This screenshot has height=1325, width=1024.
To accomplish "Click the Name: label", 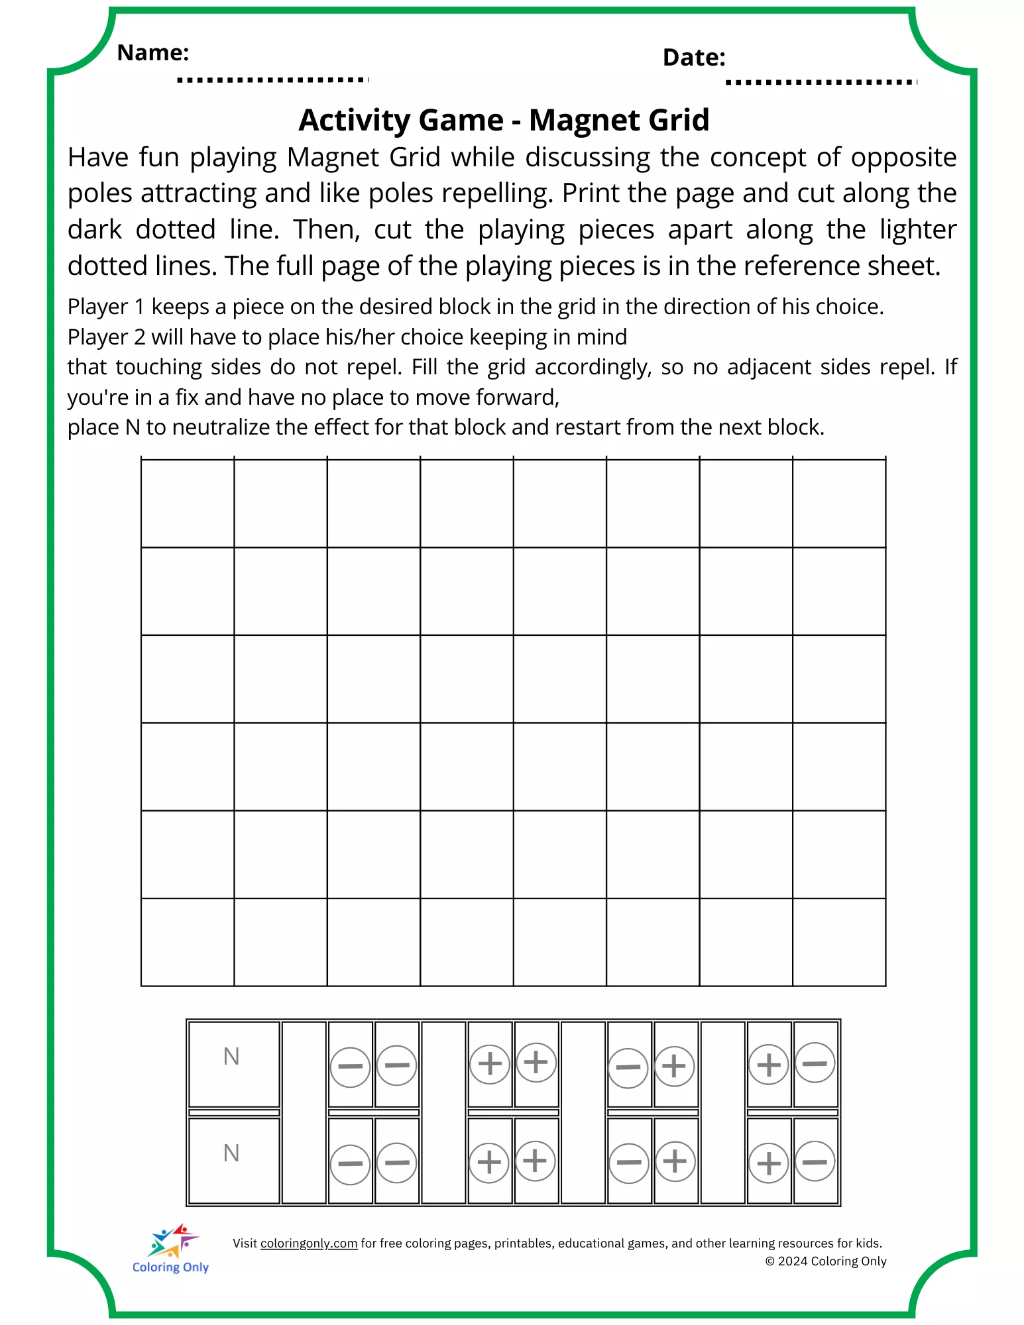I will coord(153,52).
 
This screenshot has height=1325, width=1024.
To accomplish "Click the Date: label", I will coord(694,58).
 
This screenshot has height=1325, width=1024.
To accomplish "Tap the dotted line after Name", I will coord(272,80).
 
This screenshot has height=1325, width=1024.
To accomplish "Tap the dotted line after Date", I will coord(821,83).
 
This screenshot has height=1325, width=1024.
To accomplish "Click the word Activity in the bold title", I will coord(355,121).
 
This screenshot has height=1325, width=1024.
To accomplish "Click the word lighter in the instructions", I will coord(918,230).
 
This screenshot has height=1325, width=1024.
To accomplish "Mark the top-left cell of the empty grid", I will coord(188,503).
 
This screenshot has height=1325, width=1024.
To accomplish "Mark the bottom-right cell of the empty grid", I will coord(839,942).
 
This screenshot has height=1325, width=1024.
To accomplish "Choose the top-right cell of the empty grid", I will coord(839,503).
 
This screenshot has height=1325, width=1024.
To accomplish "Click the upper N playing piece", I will coord(233,1063).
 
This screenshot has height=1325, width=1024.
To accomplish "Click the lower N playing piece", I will coord(233,1160).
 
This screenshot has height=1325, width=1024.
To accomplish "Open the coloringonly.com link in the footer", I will coord(309,1244).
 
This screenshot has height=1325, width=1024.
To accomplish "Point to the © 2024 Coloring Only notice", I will coord(826,1261).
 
